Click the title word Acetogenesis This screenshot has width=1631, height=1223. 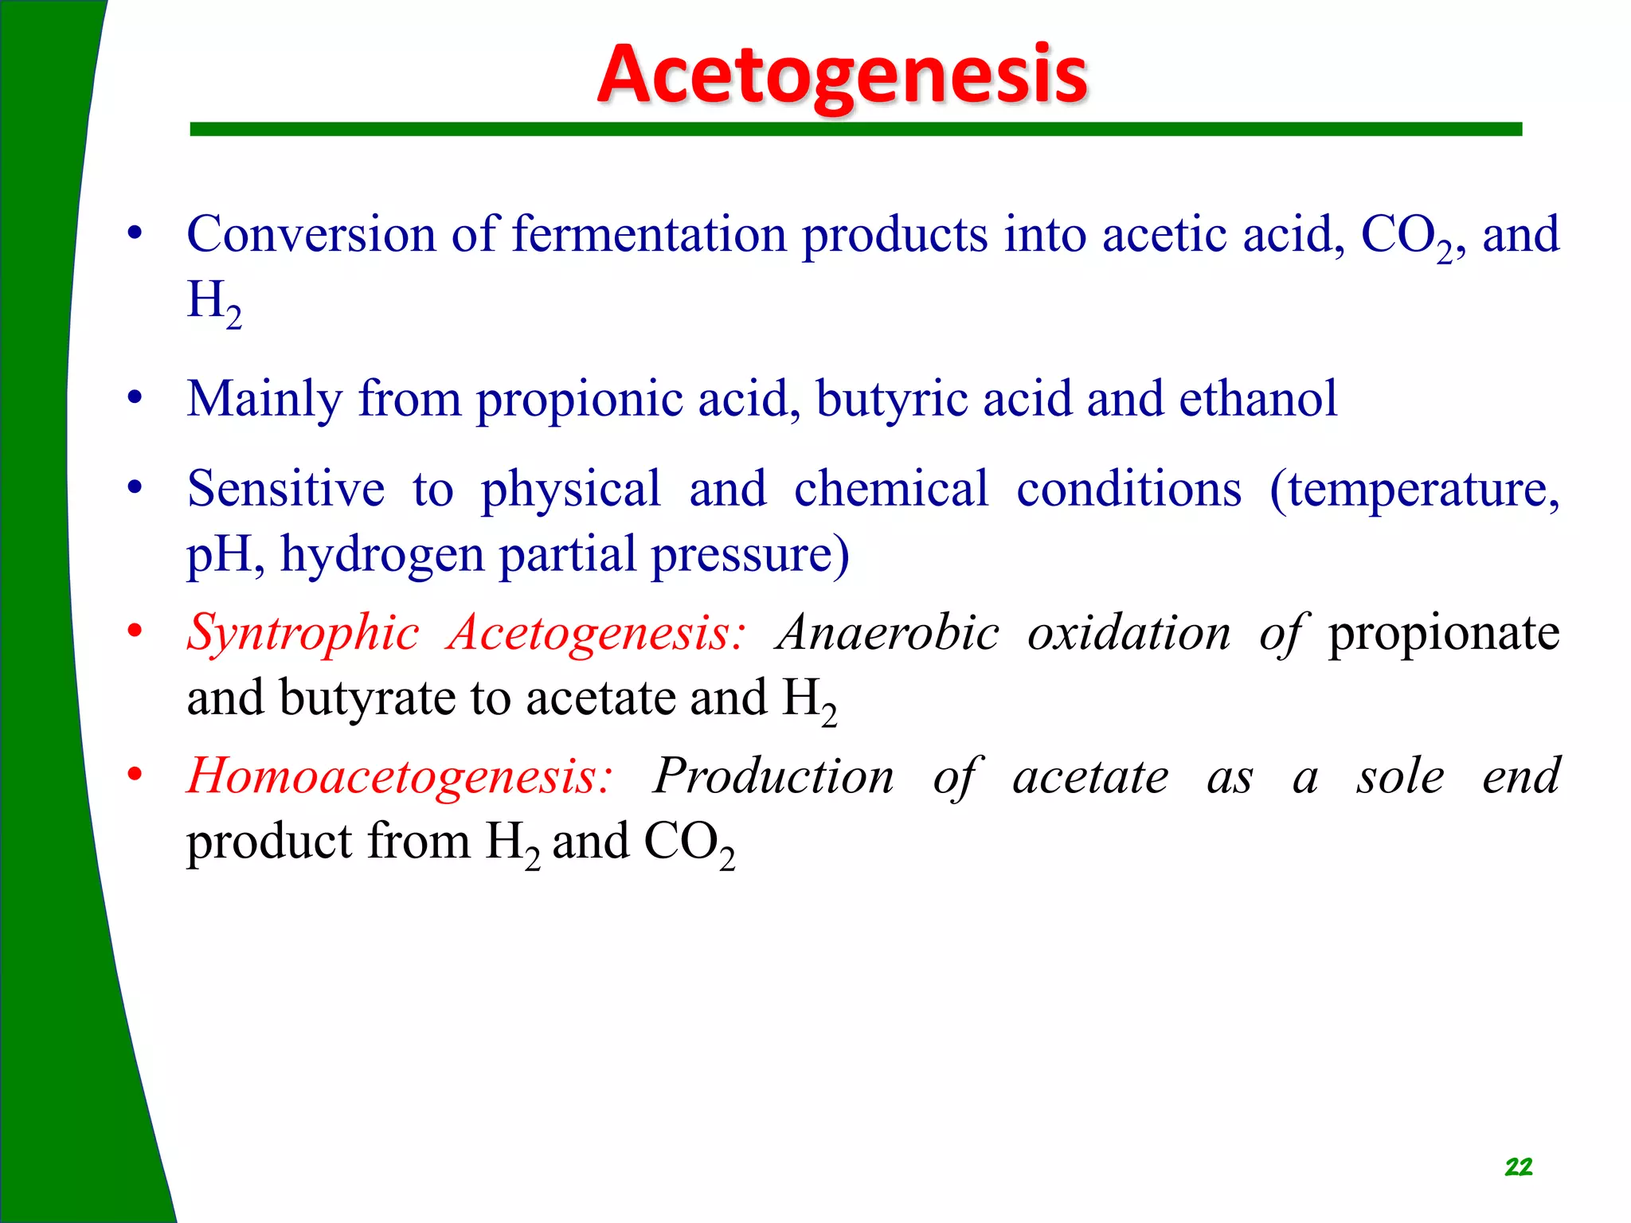pos(842,75)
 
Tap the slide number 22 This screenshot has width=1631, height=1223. pos(1518,1167)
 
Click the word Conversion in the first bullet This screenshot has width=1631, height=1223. pos(311,235)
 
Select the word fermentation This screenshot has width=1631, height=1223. pos(649,235)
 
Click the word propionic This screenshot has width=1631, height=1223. pos(580,399)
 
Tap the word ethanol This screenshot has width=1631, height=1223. pos(1257,399)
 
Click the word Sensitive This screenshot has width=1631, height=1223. pos(286,489)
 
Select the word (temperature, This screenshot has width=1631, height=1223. pos(1414,489)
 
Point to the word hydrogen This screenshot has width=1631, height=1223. pos(382,555)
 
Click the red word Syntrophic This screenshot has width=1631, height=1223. pos(303,634)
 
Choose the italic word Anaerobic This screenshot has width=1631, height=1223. pos(888,634)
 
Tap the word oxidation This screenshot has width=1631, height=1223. pos(1128,634)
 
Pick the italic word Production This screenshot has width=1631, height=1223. pos(773,776)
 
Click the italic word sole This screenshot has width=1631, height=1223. pos(1400,776)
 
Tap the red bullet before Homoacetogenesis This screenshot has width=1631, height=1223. pos(135,774)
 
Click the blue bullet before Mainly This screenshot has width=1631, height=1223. pos(135,397)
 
